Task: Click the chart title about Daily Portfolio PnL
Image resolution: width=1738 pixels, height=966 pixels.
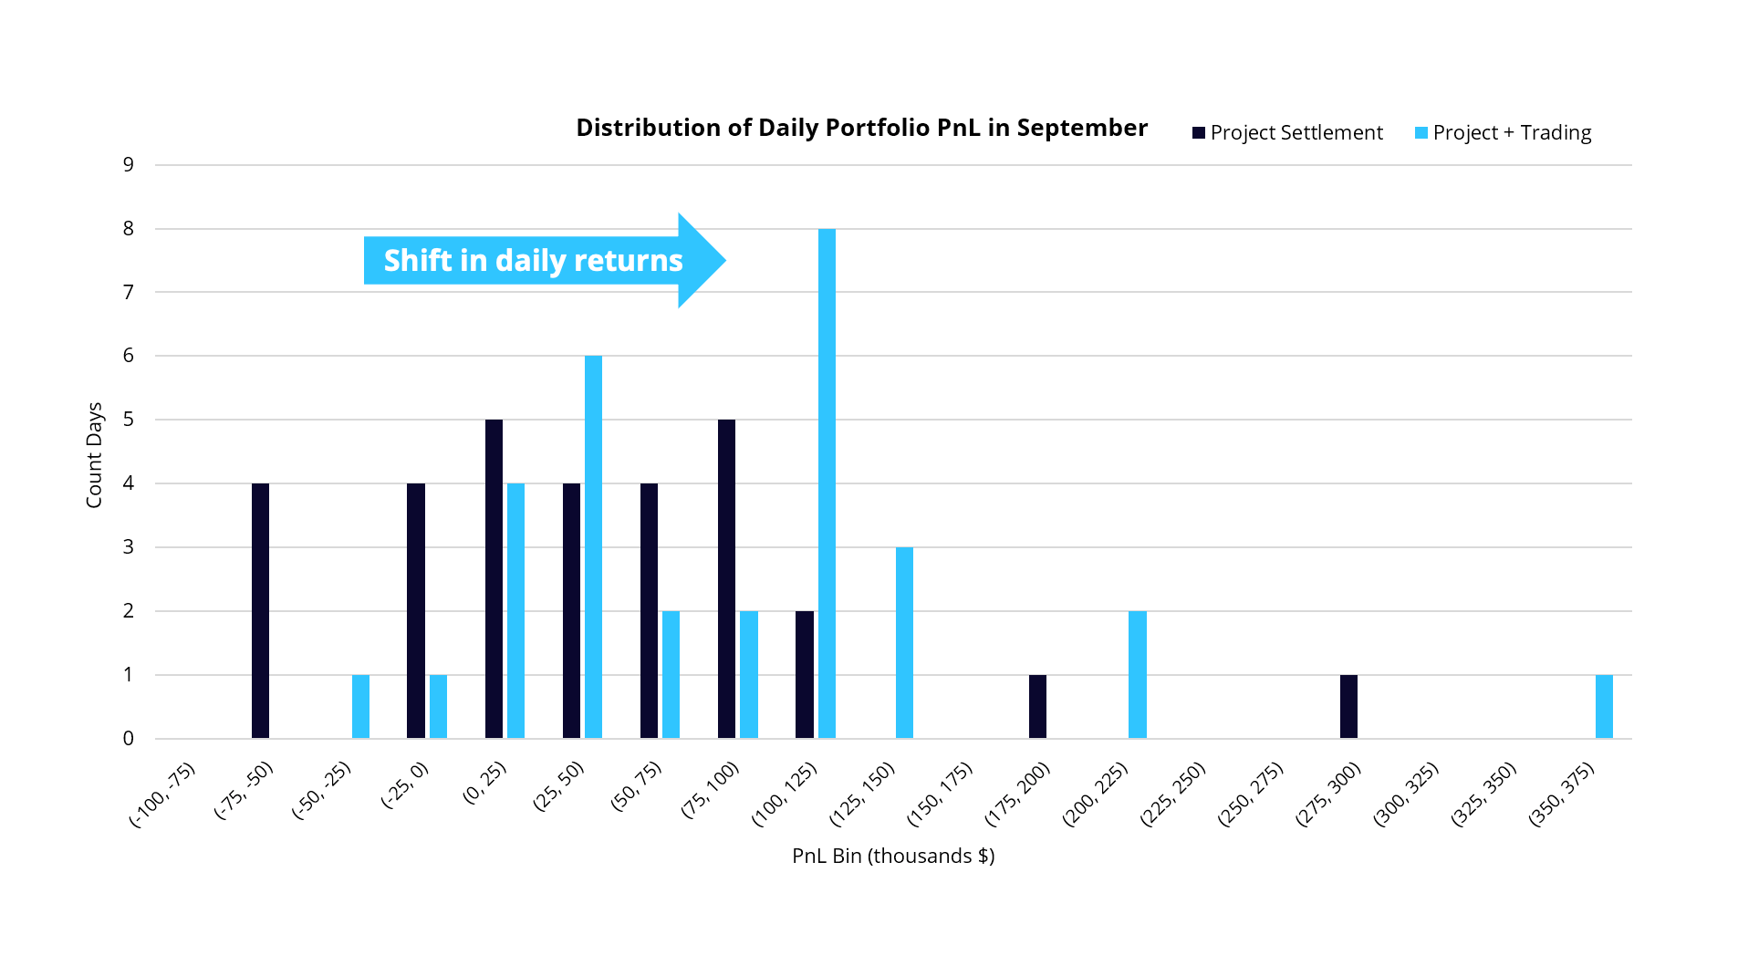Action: pos(861,128)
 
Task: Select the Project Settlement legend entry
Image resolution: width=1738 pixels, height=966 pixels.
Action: pos(1287,133)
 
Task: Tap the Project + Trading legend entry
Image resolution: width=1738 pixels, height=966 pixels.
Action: pos(1503,133)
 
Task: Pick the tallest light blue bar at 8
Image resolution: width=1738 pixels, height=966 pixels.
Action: pos(827,483)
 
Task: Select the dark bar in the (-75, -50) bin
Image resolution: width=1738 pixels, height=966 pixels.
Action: pos(260,610)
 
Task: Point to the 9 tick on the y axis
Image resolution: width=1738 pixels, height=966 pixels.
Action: pos(129,165)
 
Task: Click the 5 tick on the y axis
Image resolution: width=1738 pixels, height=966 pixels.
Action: pos(129,420)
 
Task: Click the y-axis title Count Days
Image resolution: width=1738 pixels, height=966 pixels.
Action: pos(94,454)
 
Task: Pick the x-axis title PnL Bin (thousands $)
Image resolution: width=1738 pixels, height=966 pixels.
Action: pos(893,856)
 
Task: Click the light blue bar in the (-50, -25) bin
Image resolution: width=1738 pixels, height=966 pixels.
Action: pos(360,706)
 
